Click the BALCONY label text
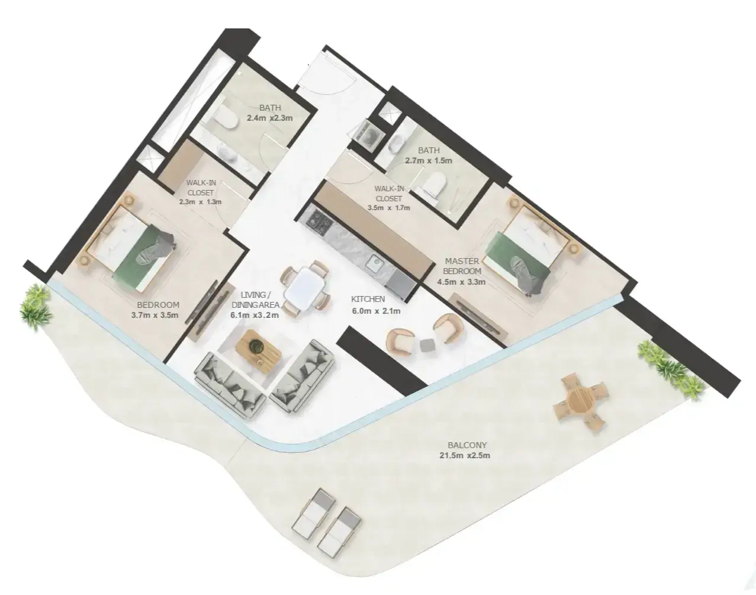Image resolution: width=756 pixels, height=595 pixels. click(x=467, y=445)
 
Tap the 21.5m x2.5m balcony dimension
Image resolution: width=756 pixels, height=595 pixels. click(x=464, y=456)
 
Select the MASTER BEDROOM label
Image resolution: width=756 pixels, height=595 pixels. click(x=462, y=266)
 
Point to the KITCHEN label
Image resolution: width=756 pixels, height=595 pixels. click(x=368, y=299)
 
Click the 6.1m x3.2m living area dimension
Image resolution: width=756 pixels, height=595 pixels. click(x=255, y=315)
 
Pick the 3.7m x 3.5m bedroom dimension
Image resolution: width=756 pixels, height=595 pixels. click(x=155, y=315)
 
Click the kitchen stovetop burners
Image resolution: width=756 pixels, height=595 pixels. click(x=319, y=222)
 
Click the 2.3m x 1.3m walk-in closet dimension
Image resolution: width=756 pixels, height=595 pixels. click(x=200, y=202)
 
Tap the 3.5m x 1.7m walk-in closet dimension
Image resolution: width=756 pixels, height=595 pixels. click(x=388, y=208)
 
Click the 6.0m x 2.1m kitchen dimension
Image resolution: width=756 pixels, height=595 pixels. click(x=376, y=311)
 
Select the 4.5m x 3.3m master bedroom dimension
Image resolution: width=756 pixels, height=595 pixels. click(x=461, y=282)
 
